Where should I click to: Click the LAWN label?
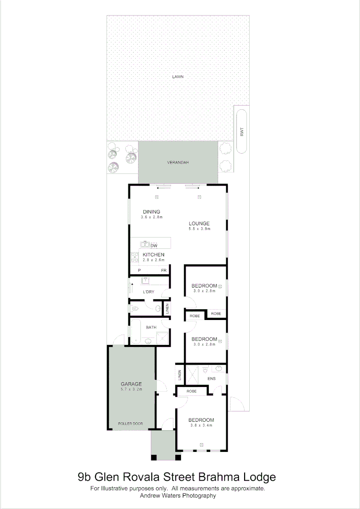click(178, 76)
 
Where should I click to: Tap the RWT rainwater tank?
click(242, 132)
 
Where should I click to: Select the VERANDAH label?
click(178, 163)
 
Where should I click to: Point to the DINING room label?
click(151, 212)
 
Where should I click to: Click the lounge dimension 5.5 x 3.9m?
click(199, 229)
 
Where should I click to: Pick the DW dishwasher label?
click(154, 246)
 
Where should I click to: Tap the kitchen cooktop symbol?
click(135, 258)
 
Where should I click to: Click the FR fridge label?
click(164, 271)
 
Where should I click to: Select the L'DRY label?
click(148, 292)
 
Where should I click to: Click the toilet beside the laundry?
click(135, 309)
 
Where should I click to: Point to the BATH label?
click(151, 327)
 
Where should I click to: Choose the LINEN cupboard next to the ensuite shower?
click(180, 376)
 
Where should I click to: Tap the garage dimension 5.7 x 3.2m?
click(131, 390)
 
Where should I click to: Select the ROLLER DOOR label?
click(131, 424)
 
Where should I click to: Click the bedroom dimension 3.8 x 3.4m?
click(201, 426)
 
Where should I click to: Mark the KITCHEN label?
click(154, 254)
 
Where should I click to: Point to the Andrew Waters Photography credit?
click(178, 495)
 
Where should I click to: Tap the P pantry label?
click(139, 271)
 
